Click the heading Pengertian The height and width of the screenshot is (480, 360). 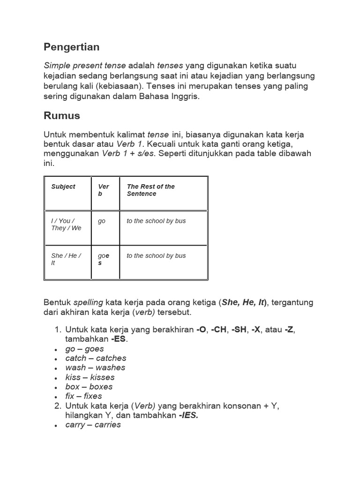[x=71, y=47]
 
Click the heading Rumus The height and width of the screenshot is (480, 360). [x=62, y=116]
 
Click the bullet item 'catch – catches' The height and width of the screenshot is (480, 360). [x=96, y=358]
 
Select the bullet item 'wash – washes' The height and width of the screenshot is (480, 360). [x=95, y=367]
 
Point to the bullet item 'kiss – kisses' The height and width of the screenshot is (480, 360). [x=90, y=377]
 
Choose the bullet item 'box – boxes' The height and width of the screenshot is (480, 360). [x=89, y=387]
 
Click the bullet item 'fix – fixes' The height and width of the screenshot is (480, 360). [x=83, y=396]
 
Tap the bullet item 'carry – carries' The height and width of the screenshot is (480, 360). [x=93, y=425]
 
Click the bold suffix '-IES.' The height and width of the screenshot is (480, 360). [x=188, y=415]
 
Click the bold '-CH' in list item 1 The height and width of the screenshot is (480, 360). [x=218, y=330]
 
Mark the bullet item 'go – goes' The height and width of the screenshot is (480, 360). [x=85, y=349]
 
